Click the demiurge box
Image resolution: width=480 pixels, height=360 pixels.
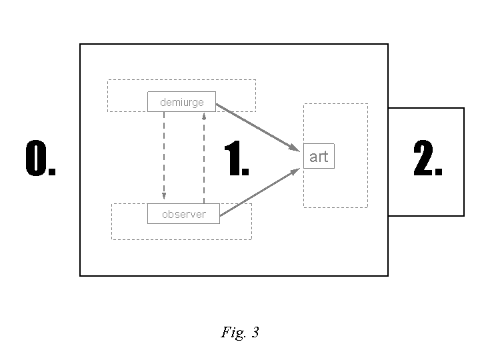coord(181,101)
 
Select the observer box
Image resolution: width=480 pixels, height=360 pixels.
coord(183,214)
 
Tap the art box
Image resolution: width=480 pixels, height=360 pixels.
coord(319,157)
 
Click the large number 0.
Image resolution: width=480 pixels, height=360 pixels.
coord(40,160)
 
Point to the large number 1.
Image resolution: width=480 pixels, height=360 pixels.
coord(236,160)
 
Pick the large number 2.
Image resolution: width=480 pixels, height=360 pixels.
coord(427,160)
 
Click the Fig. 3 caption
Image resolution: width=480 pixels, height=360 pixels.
coord(239,332)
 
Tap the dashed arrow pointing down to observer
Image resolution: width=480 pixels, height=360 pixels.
coord(164,153)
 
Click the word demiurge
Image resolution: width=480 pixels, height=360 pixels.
coord(181,102)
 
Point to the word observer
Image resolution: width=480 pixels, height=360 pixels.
coord(183,215)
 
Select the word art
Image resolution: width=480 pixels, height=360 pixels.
coord(319,157)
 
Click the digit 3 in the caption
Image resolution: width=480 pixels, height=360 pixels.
coord(255,332)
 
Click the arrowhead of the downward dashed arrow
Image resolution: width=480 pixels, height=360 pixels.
coord(164,196)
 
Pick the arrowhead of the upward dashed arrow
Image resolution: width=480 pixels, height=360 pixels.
coord(204,115)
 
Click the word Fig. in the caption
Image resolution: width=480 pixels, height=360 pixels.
coord(233,332)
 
